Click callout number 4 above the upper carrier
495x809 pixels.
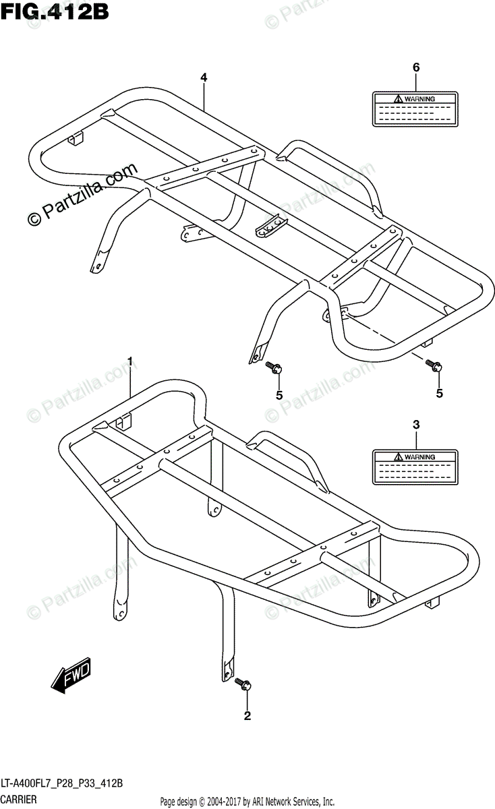click(x=203, y=78)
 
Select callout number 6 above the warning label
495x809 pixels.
click(x=416, y=67)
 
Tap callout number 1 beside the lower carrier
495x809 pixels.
click(x=131, y=360)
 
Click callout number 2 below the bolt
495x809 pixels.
click(x=247, y=716)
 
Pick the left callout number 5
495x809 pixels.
click(x=278, y=394)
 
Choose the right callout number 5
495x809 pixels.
click(x=439, y=393)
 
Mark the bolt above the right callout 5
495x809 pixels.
click(x=434, y=366)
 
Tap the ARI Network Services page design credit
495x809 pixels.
click(x=247, y=802)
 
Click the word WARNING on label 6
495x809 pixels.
click(x=419, y=99)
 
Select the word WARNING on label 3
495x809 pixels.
click(x=419, y=457)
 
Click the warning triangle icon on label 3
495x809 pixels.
click(x=399, y=457)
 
